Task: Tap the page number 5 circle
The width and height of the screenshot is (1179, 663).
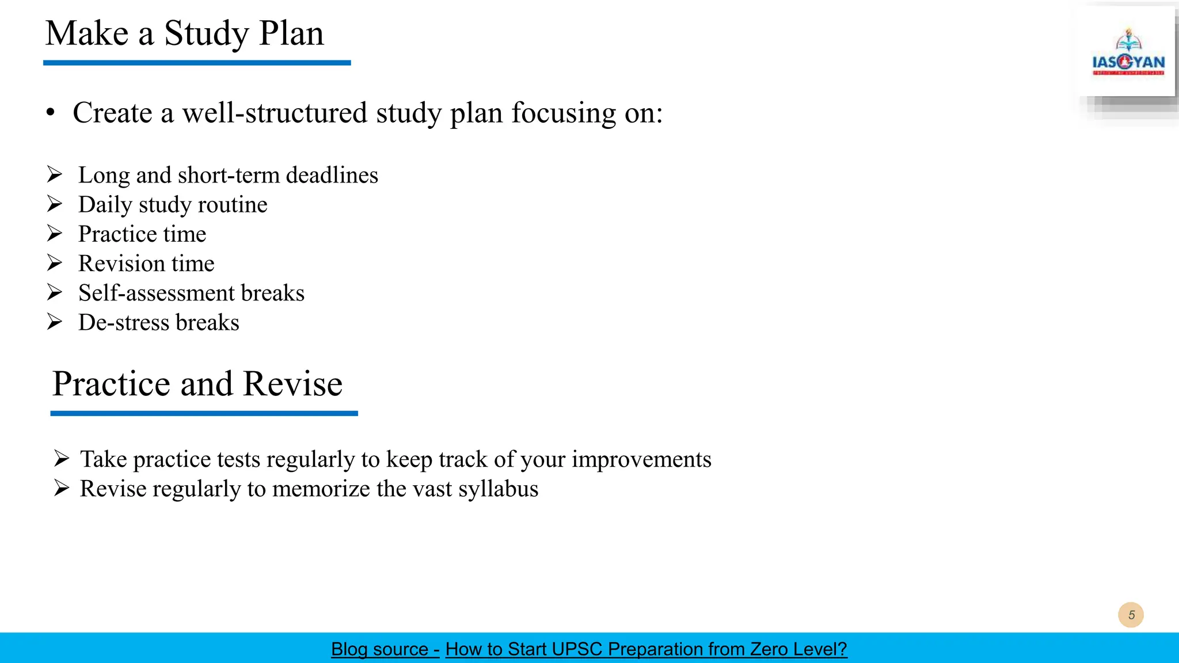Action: [1131, 615]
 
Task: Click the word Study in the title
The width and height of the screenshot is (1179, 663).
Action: [207, 33]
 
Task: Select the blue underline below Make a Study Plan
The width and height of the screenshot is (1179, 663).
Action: [197, 63]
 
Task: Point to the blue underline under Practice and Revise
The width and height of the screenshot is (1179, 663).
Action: [204, 413]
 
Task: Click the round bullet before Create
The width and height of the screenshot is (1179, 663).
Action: [51, 113]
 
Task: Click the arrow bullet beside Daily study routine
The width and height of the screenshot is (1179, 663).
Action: [55, 204]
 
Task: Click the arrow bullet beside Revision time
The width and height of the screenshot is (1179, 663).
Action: [55, 263]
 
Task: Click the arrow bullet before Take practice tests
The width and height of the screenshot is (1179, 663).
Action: [61, 459]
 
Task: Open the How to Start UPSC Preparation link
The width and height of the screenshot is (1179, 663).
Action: [646, 649]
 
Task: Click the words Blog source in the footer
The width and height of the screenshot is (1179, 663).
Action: [380, 649]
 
